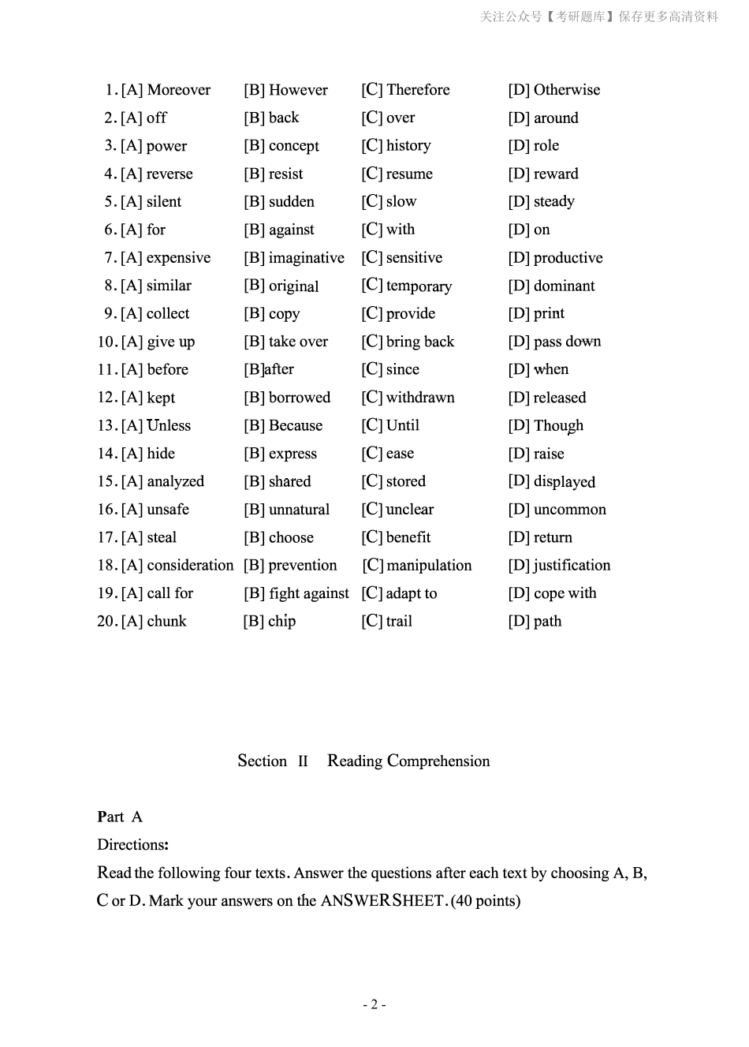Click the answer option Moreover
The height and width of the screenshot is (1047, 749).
(178, 90)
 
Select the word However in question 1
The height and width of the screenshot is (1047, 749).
(297, 90)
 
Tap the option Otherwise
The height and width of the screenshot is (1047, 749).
(566, 90)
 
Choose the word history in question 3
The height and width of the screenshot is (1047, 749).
(408, 146)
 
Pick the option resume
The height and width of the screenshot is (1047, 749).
(409, 174)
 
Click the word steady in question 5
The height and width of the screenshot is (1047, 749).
(553, 202)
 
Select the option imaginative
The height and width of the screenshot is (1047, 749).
(306, 258)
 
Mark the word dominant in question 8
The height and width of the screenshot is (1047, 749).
(564, 286)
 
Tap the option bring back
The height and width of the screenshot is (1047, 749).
(419, 342)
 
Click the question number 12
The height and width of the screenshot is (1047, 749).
(106, 398)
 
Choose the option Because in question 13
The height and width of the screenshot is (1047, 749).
(295, 426)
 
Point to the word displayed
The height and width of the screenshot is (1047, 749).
(564, 482)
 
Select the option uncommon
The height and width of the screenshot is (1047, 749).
(569, 510)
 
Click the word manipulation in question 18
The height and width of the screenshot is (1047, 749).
(429, 566)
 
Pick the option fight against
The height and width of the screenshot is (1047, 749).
(308, 593)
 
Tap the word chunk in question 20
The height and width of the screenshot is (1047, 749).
(166, 622)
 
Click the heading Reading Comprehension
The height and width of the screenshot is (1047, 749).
(408, 761)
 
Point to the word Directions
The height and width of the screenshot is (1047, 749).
(132, 845)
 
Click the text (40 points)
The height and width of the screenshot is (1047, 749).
(486, 901)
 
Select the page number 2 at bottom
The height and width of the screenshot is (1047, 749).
(374, 1004)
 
